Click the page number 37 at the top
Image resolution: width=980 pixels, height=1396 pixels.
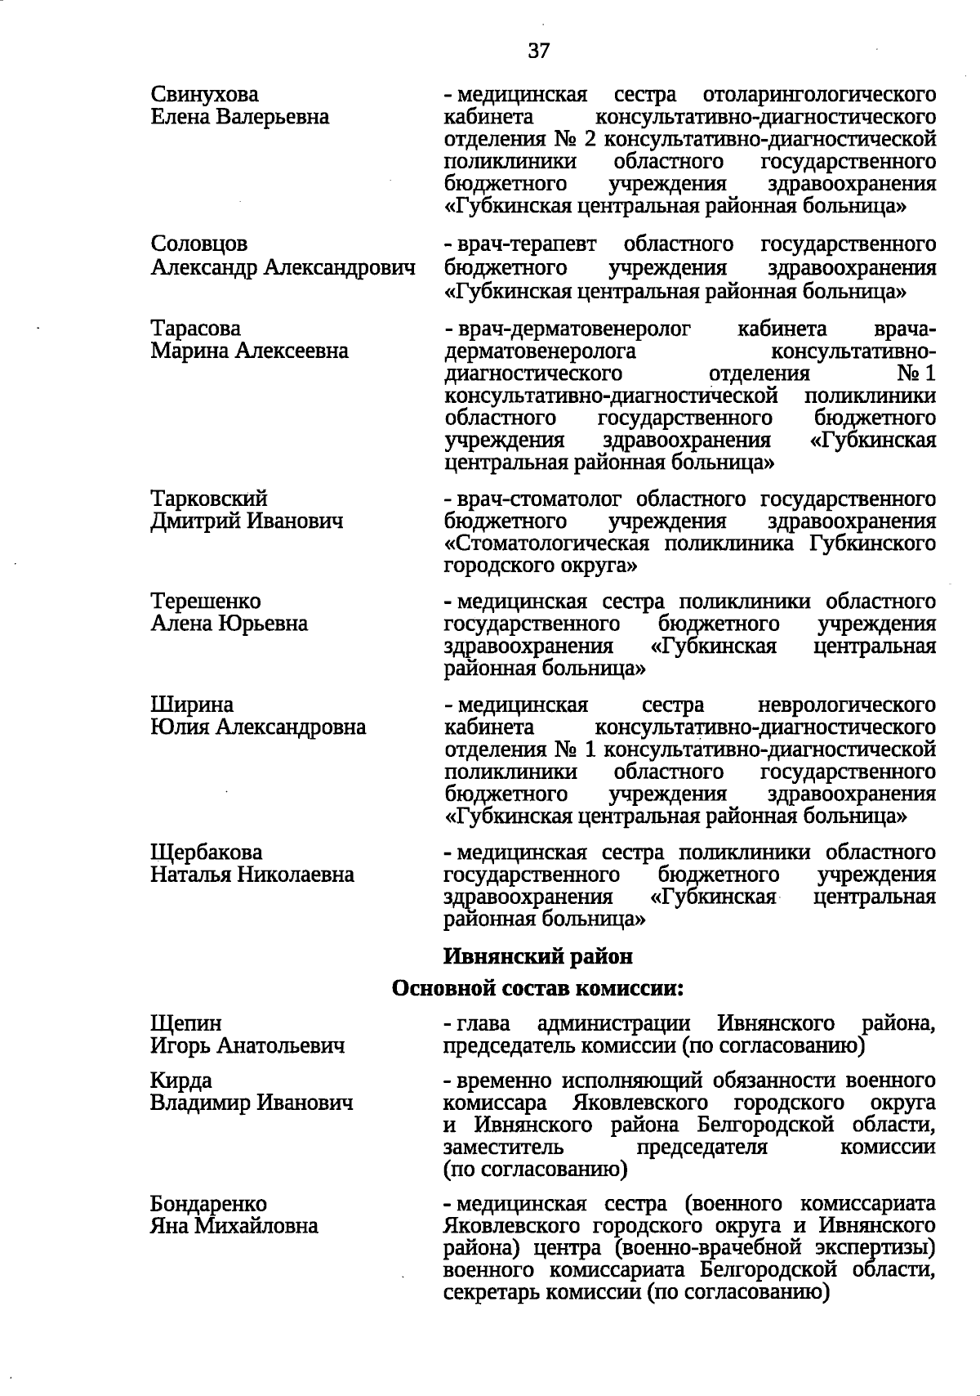[539, 51]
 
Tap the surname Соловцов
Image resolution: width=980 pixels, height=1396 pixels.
[199, 244]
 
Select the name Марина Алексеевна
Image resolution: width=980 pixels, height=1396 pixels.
[249, 351]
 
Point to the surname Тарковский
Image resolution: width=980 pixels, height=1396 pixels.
[209, 499]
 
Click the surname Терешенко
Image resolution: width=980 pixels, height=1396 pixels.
[206, 602]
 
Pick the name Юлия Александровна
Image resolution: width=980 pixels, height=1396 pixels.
[258, 727]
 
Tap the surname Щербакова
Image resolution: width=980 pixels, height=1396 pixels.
[207, 852]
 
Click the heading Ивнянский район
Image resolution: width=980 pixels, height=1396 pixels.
[537, 955]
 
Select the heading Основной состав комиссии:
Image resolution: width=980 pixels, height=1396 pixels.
[537, 988]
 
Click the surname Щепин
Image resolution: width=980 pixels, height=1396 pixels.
[186, 1023]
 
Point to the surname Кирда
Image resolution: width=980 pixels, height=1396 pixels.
[181, 1081]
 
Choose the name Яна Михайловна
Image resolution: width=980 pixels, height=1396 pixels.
[234, 1226]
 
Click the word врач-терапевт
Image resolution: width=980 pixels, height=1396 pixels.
[527, 244]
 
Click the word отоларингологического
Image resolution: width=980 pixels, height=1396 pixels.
[819, 94]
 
